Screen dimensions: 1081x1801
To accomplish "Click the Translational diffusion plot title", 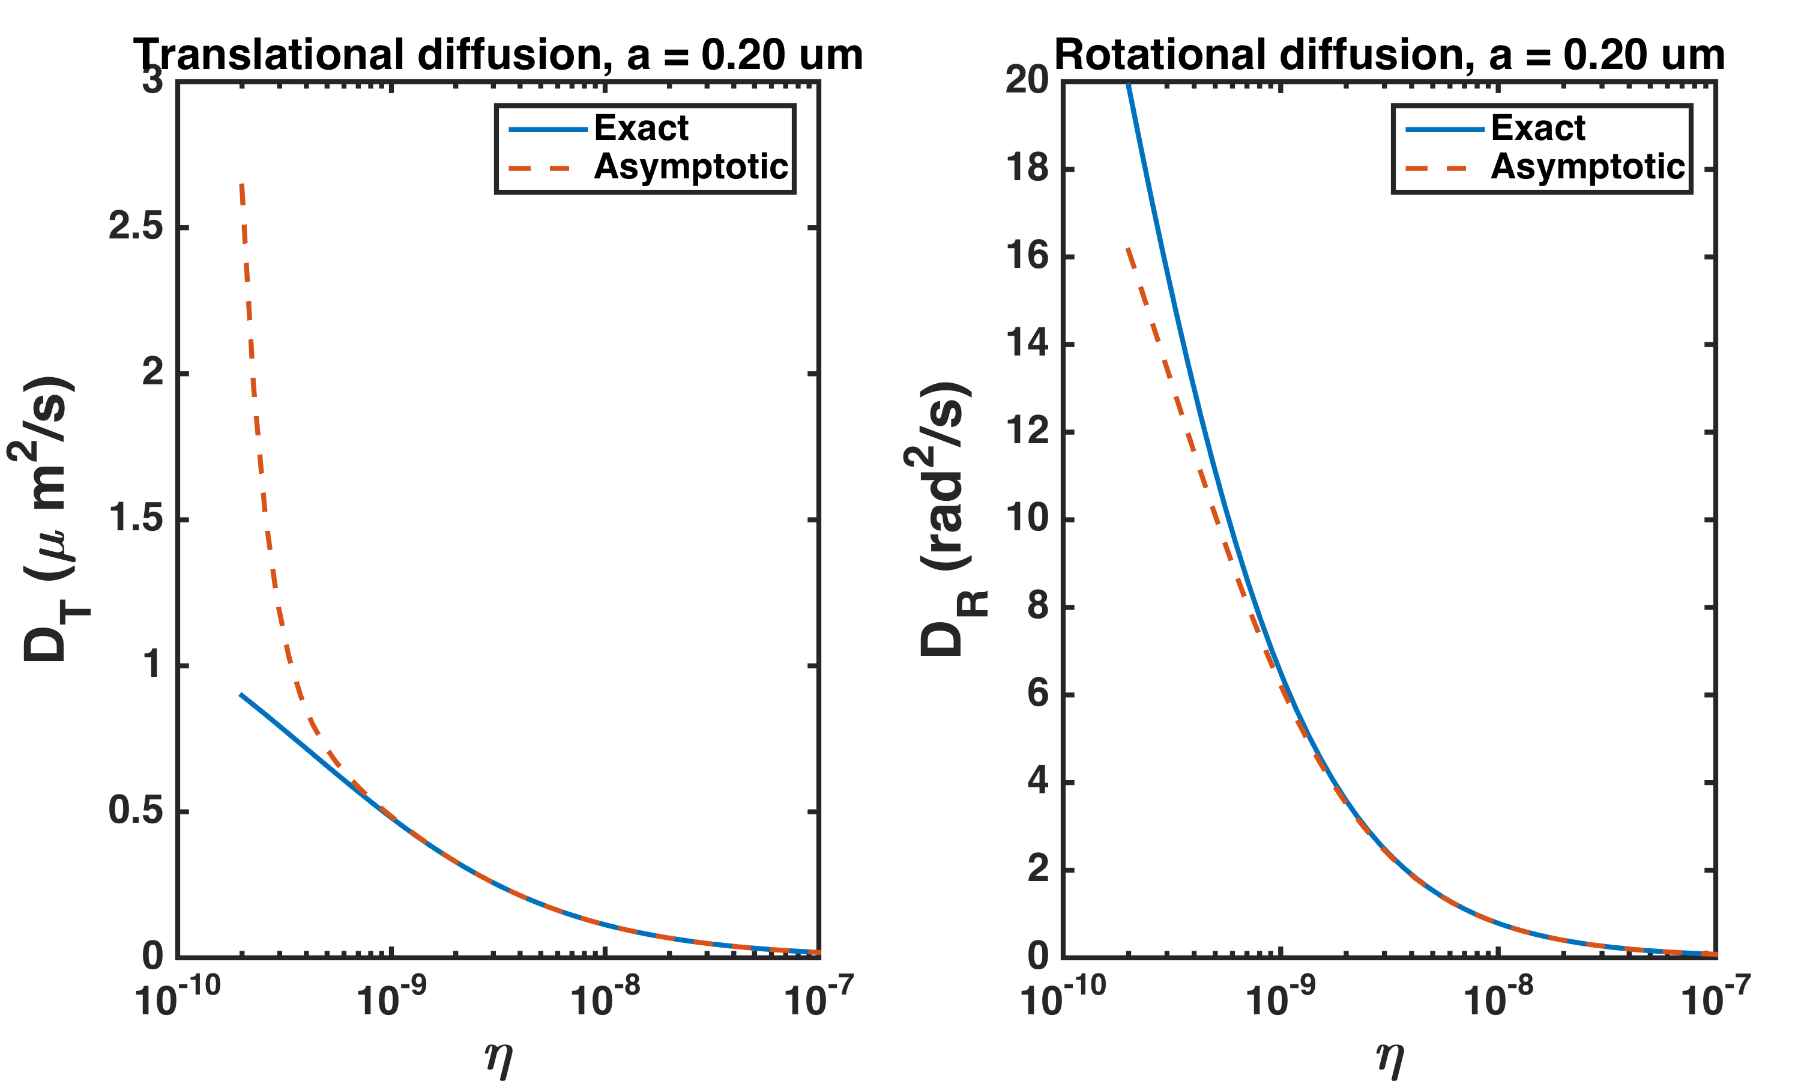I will pos(498,55).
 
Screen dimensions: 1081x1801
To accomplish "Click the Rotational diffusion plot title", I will pos(1389,55).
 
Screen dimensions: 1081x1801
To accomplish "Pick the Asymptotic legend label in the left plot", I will pos(691,167).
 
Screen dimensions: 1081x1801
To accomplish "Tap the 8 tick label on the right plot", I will pos(1037,606).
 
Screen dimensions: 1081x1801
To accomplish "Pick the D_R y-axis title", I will pos(945,519).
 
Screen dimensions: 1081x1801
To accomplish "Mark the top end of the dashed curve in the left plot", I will pos(242,185).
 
